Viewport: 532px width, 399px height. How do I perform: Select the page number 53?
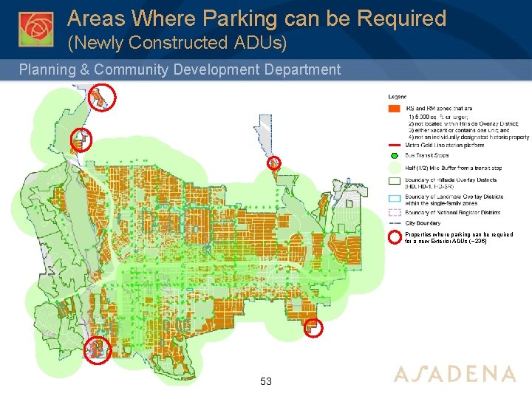266,381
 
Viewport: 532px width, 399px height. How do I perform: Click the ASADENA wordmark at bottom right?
454,374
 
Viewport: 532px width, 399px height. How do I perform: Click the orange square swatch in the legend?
394,109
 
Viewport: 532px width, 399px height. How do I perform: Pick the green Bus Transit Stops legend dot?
394,156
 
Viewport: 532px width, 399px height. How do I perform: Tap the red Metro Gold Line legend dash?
394,146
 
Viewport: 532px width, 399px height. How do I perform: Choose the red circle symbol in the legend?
394,236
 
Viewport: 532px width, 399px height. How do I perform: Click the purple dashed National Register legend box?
394,213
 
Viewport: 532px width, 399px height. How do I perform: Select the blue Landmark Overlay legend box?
394,197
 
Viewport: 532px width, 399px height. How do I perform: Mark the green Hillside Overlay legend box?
394,180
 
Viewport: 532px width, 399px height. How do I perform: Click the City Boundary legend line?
394,223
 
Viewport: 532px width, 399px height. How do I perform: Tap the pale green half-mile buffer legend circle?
394,167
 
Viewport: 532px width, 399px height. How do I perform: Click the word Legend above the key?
398,97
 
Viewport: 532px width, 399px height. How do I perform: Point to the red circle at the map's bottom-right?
314,328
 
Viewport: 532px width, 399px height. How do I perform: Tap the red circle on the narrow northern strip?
273,162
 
